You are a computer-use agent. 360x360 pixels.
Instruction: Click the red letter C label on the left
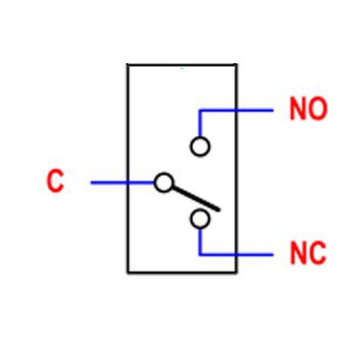[x=55, y=182]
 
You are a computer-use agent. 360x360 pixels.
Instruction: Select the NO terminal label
[x=308, y=109]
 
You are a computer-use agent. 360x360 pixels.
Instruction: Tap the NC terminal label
[x=308, y=253]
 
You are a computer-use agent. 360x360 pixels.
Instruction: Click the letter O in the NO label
[x=317, y=109]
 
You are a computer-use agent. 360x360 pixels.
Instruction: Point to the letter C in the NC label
[x=317, y=253]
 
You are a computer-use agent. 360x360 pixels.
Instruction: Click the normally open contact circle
[x=201, y=146]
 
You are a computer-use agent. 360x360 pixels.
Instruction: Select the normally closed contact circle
[x=201, y=219]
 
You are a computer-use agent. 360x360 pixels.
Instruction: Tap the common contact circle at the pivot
[x=163, y=183]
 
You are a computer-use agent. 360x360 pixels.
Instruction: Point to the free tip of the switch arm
[x=219, y=209]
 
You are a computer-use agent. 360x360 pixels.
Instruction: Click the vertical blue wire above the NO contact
[x=201, y=124]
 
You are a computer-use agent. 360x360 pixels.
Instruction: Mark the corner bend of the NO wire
[x=201, y=110]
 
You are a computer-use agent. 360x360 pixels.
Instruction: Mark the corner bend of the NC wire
[x=201, y=254]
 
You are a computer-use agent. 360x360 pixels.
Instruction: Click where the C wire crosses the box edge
[x=128, y=183]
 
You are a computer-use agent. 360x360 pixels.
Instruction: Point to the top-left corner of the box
[x=128, y=65]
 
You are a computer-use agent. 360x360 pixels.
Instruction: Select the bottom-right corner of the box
[x=236, y=272]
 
